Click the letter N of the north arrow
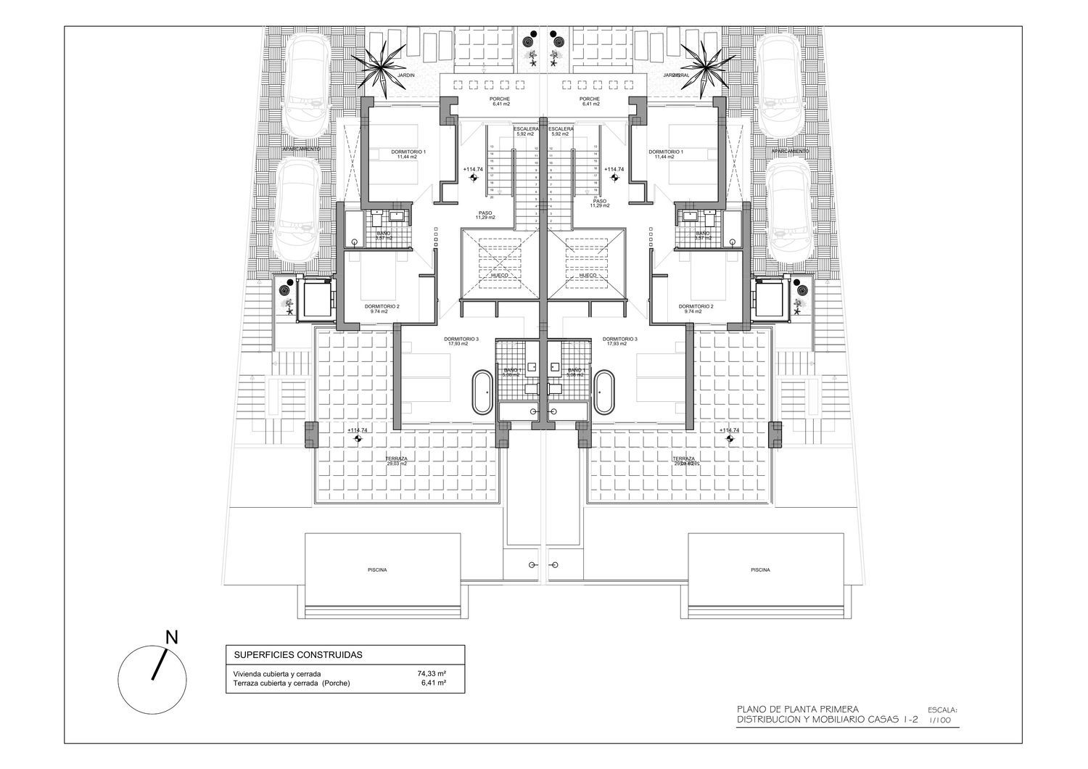172,638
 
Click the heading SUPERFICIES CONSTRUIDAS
297,654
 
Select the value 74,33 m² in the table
431,673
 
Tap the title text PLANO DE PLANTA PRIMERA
798,709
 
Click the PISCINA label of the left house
376,569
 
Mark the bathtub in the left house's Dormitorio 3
483,392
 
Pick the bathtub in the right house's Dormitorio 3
604,392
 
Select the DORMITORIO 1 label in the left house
408,152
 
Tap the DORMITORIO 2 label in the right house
696,306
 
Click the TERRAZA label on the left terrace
396,459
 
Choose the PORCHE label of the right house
590,99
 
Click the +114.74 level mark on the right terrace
729,430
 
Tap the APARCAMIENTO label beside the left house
302,149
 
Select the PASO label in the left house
485,213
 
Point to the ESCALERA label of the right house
562,129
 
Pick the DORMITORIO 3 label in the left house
461,339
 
